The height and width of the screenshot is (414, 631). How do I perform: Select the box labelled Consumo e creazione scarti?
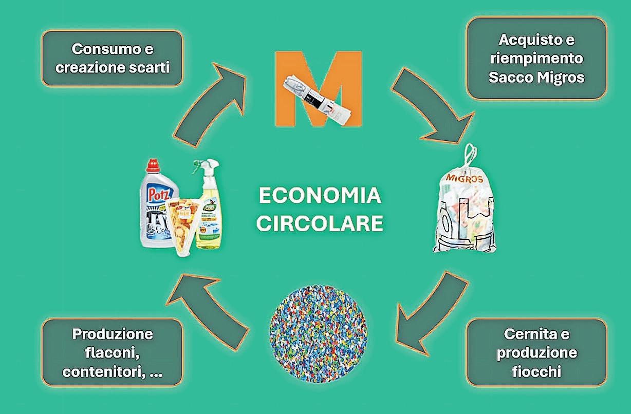112,58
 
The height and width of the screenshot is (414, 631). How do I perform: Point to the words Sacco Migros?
536,78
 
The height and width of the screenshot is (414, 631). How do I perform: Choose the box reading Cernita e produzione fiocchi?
536,352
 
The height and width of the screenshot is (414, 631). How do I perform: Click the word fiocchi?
536,371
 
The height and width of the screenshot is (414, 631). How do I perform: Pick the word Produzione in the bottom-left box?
113,334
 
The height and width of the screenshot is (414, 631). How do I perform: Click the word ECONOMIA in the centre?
320,196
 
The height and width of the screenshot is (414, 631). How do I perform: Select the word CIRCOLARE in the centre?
320,223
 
